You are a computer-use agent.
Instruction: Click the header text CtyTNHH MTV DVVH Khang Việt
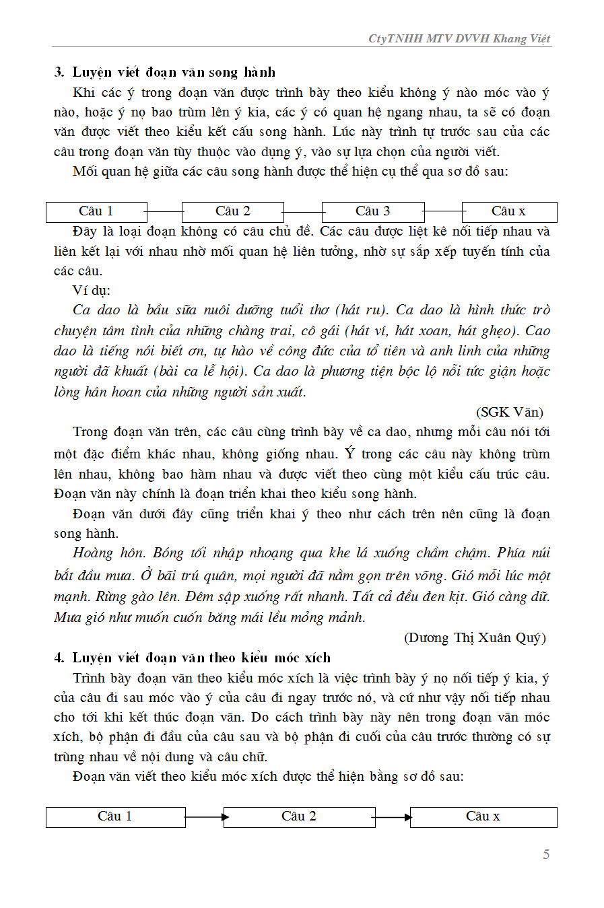(459, 38)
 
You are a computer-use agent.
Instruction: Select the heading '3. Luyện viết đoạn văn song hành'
(165, 72)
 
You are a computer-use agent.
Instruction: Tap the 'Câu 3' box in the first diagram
(373, 211)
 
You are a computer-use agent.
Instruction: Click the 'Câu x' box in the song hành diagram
(509, 211)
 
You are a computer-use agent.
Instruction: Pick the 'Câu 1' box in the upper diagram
(96, 211)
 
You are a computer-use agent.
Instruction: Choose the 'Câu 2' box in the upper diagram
(233, 211)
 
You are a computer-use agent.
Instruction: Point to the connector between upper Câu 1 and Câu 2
(164, 212)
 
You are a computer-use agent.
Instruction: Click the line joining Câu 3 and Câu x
(443, 212)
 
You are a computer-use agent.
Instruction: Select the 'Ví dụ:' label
(92, 290)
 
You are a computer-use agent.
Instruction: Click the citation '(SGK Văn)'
(510, 412)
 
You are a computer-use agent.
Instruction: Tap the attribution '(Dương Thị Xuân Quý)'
(475, 637)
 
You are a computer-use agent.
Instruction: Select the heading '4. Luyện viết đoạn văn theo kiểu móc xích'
(193, 658)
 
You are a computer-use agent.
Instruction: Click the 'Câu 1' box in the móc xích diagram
(115, 816)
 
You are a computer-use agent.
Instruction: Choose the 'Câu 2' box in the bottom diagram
(299, 816)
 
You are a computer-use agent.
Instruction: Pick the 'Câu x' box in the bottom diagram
(483, 816)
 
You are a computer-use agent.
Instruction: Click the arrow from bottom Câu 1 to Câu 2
(205, 817)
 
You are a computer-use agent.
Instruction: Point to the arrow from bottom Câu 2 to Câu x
(392, 817)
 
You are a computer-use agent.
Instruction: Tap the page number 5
(546, 854)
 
